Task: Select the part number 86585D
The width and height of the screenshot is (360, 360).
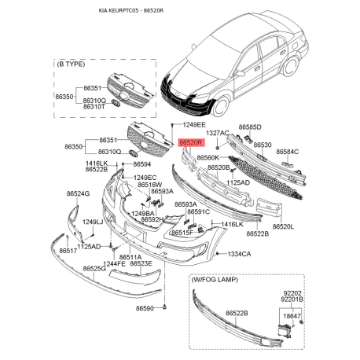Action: click(x=250, y=127)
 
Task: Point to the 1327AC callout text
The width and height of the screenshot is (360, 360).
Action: click(x=217, y=134)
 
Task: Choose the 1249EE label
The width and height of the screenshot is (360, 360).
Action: click(x=195, y=125)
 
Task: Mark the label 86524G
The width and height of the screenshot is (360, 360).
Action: click(x=79, y=193)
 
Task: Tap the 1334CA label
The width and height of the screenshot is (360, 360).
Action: click(x=239, y=255)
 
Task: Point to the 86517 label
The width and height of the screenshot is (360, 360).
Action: click(x=66, y=251)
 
